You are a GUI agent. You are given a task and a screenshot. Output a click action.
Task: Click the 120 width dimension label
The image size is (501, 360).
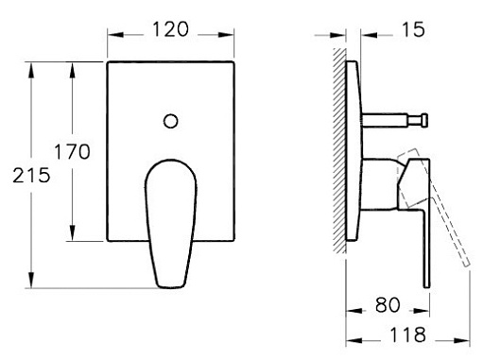pyautogui.click(x=170, y=29)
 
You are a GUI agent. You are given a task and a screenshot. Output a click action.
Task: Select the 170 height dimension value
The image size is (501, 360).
pyautogui.click(x=72, y=151)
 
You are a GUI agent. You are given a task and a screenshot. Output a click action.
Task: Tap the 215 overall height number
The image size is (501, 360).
pyautogui.click(x=31, y=176)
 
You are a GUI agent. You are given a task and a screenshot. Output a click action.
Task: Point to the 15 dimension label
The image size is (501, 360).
pyautogui.click(x=413, y=29)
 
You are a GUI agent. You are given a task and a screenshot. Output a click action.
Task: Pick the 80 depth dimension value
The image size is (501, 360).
pyautogui.click(x=388, y=305)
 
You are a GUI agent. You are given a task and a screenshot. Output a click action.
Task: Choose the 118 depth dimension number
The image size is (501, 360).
pyautogui.click(x=408, y=335)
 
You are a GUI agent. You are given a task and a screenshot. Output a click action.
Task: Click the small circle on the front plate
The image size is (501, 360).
pyautogui.click(x=170, y=121)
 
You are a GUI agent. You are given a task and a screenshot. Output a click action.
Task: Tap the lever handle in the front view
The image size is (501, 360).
pyautogui.click(x=171, y=224)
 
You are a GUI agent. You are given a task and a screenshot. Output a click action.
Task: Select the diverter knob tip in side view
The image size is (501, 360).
pyautogui.click(x=424, y=121)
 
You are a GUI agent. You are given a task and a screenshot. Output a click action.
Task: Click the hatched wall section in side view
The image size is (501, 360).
pyautogui.click(x=339, y=150)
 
